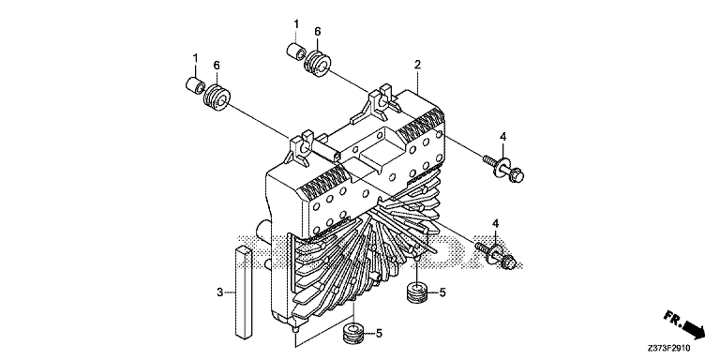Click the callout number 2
pos(417,65)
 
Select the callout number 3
pos(220,292)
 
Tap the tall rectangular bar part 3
pos(244,292)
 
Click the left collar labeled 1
pos(195,85)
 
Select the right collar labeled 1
pos(296,50)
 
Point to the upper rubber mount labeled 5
pos(417,292)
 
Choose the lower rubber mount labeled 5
pos(354,333)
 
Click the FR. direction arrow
pos(683,324)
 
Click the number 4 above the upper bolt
pos(502,136)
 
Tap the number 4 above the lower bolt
pos(496,223)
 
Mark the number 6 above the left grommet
pos(217,66)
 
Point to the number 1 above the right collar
pos(296,23)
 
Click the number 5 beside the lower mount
pos(379,333)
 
